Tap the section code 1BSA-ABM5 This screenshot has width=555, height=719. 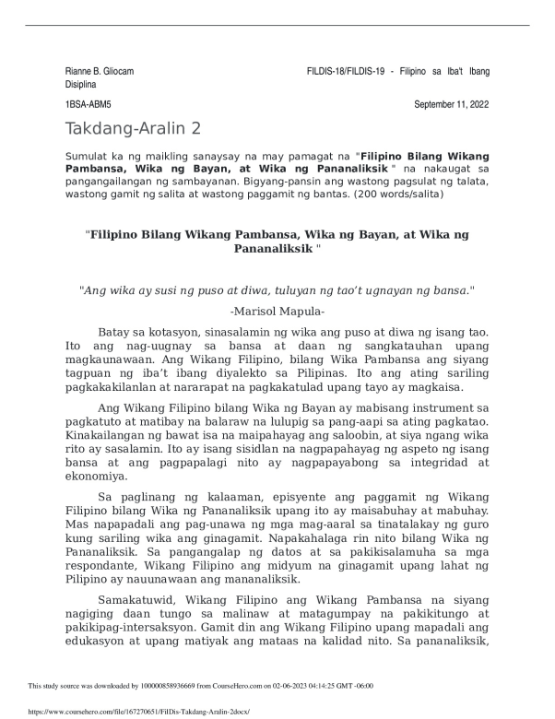[x=88, y=107]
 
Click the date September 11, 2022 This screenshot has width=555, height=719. [x=452, y=107]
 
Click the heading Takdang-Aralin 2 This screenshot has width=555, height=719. [x=133, y=129]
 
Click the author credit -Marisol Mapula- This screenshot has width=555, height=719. [x=277, y=312]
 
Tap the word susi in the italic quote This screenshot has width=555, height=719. [x=180, y=289]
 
